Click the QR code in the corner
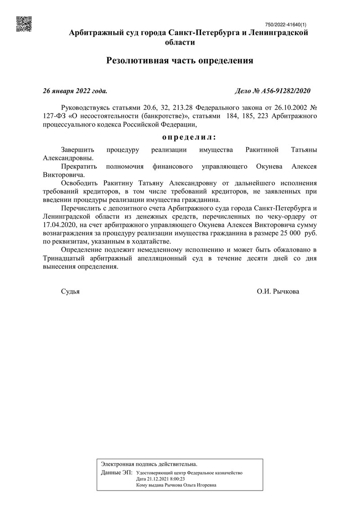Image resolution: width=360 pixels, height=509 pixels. coord(24,24)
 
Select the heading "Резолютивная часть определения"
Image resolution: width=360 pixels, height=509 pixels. coord(180,60)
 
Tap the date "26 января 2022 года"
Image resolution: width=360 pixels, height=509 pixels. coord(75,91)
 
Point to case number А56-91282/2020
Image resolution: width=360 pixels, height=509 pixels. coord(273,91)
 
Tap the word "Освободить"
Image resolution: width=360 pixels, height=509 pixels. coord(79,183)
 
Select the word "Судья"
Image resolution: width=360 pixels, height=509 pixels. coord(70,292)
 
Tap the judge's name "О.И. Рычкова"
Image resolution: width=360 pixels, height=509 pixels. coord(278,292)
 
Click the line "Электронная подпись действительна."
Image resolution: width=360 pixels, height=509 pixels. coord(149,464)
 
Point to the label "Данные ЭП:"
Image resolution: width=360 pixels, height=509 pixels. coord(117,473)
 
